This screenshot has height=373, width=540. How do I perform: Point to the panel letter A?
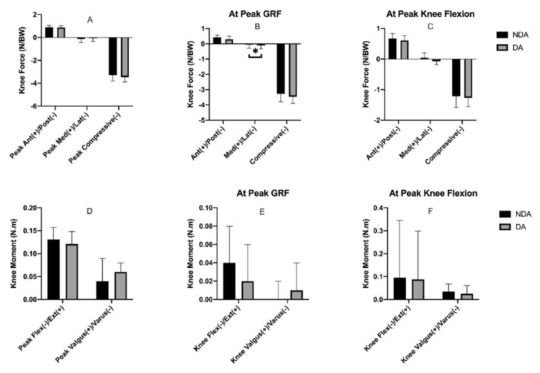[x=90, y=20]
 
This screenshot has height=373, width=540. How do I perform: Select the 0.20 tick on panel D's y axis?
[x=29, y=208]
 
